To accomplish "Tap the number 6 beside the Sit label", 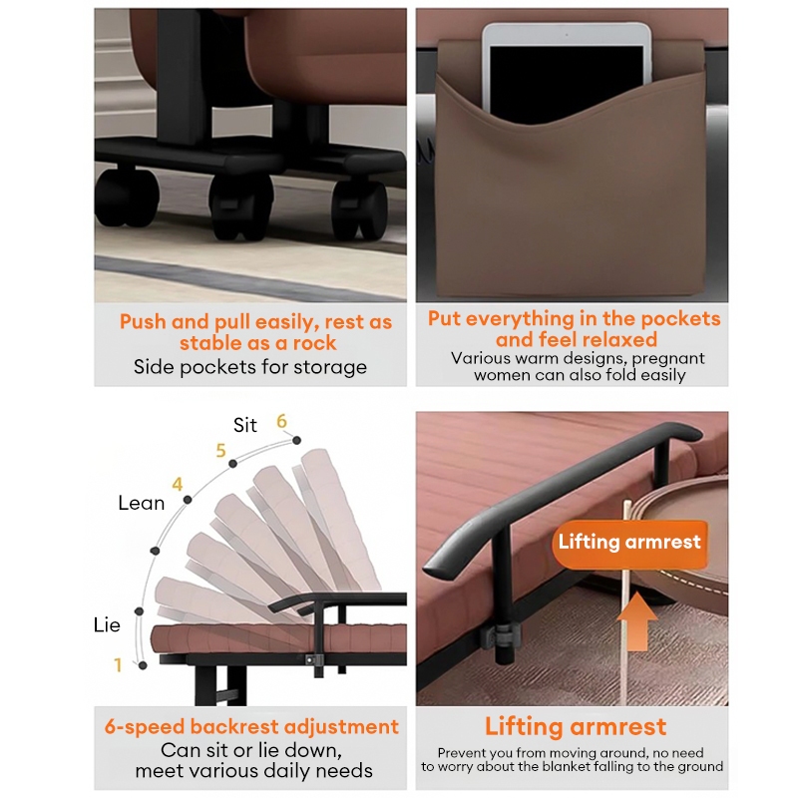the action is (281, 421).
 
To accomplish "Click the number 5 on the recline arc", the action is (220, 451).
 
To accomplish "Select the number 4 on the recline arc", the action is (178, 484).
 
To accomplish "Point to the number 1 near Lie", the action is (118, 664).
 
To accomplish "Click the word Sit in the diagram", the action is (244, 425).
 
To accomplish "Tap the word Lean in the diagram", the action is (142, 503).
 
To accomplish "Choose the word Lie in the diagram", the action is (107, 625).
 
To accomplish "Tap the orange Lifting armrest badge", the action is (629, 544).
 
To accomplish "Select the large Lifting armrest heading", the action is (576, 726).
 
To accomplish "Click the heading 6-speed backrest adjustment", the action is (251, 727).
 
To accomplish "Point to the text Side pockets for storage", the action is (250, 367).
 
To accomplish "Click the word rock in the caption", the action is (314, 343).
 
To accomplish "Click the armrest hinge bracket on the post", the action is (502, 636).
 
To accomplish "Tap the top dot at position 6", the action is (296, 440).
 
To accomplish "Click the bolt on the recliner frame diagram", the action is (309, 659).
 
